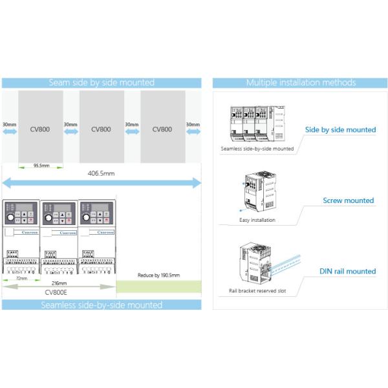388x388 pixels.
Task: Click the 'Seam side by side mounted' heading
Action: (x=102, y=83)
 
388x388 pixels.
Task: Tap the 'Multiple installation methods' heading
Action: (x=301, y=83)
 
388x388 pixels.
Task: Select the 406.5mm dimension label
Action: (x=101, y=173)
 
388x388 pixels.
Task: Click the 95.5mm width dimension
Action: (x=41, y=165)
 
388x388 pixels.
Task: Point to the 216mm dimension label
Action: (x=59, y=283)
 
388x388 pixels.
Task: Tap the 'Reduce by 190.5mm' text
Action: (x=158, y=275)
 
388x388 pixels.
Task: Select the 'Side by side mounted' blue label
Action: (x=340, y=129)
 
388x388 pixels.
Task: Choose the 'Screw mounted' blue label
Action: (x=349, y=200)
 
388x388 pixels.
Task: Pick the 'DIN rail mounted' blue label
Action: (x=347, y=272)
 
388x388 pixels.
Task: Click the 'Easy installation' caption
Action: (x=257, y=220)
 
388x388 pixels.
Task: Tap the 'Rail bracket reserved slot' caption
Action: (x=257, y=291)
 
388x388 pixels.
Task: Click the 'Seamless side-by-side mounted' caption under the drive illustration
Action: (x=257, y=149)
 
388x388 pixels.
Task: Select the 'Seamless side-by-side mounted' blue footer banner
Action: (x=102, y=304)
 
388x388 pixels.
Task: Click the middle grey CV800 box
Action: (x=101, y=129)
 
